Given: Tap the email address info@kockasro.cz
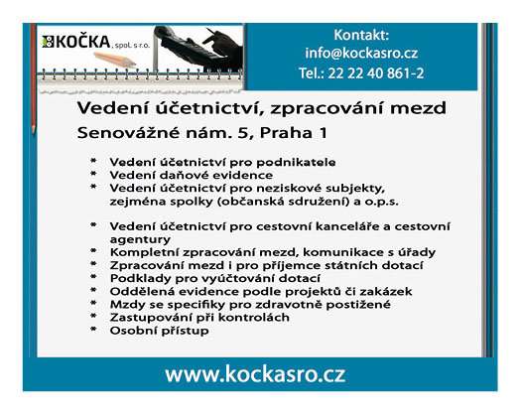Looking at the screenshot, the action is tap(361, 54).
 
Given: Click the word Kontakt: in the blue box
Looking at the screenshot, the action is tap(361, 35).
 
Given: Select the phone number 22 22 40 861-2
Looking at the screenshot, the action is tap(376, 73).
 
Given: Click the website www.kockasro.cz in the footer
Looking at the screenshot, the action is tap(255, 374).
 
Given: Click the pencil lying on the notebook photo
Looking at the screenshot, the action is tap(115, 59).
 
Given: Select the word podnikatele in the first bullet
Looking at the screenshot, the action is tap(296, 163).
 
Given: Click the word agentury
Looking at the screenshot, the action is tap(140, 240).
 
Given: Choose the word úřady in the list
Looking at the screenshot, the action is tap(417, 252).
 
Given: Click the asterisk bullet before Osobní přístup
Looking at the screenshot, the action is tap(93, 330).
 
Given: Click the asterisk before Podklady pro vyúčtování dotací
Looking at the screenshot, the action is tap(93, 277).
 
